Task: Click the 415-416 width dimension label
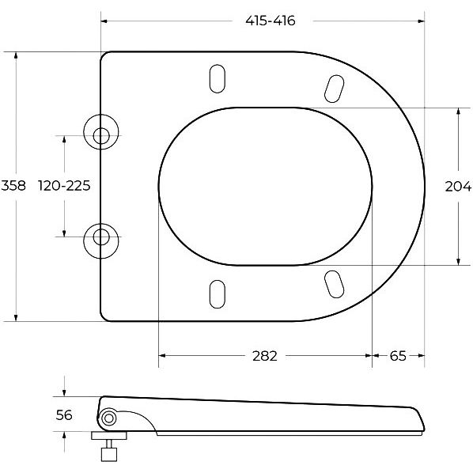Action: pyautogui.click(x=271, y=21)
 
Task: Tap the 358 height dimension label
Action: pyautogui.click(x=13, y=185)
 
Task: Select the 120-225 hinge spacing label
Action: pyautogui.click(x=64, y=186)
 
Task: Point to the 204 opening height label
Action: pyautogui.click(x=458, y=187)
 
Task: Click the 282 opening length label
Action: pyautogui.click(x=265, y=356)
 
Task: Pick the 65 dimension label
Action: pyautogui.click(x=398, y=356)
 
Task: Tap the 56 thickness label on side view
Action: pyautogui.click(x=64, y=415)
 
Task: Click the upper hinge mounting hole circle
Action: pyautogui.click(x=101, y=132)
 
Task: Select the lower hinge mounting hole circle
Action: pyautogui.click(x=101, y=241)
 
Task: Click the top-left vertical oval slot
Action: pyautogui.click(x=218, y=78)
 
